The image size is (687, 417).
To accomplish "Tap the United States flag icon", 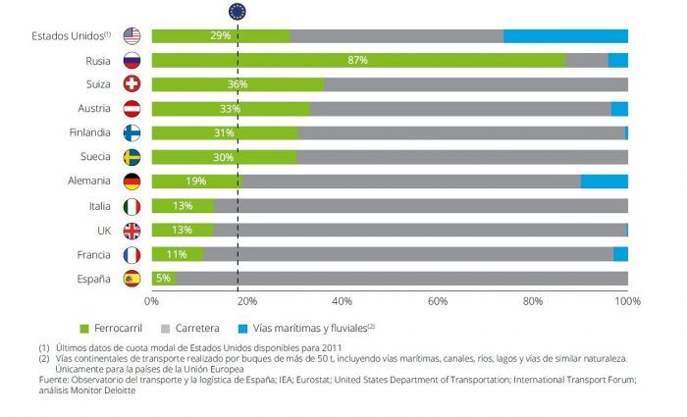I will click(132, 36).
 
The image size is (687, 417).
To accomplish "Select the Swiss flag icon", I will click(132, 84).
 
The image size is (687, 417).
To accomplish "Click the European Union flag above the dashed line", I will click(238, 12).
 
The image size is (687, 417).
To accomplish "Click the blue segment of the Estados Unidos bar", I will click(565, 36).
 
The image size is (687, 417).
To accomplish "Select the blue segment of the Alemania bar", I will click(604, 182).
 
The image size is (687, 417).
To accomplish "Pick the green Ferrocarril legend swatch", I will click(85, 327).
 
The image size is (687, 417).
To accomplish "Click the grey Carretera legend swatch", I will click(164, 327).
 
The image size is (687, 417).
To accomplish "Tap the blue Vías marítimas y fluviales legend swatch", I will click(243, 327).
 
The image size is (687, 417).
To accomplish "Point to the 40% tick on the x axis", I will click(342, 300).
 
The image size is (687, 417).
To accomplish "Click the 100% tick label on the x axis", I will click(626, 300).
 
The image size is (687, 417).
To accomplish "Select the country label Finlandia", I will click(88, 132).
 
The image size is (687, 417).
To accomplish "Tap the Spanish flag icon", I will click(132, 279).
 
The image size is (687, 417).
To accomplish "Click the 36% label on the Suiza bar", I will click(237, 84).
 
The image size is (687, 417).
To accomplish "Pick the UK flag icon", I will click(132, 231).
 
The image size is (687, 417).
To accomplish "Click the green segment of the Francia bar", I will click(177, 254).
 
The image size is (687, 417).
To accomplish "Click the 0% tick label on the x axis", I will click(152, 300).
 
